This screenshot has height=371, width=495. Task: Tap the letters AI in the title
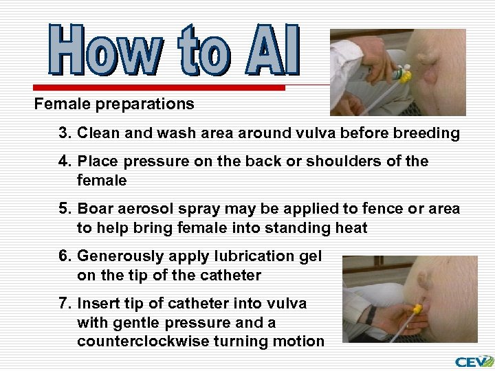coord(272,51)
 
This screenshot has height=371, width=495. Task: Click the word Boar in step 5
coord(96,209)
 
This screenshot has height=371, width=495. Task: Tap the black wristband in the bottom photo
coord(371,315)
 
